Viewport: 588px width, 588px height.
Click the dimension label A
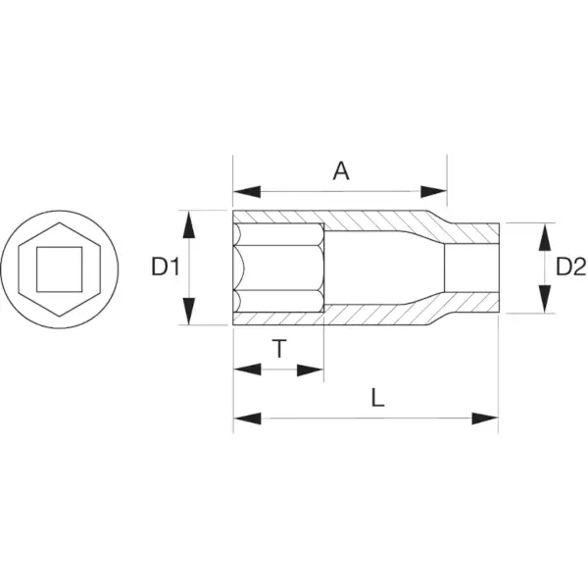coord(341,171)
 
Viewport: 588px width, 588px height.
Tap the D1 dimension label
coord(166,267)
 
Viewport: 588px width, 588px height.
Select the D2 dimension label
coord(570,267)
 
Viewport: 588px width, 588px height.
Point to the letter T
coord(279,348)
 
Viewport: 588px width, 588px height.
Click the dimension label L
coord(377,398)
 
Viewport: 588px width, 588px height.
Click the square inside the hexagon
coord(59,269)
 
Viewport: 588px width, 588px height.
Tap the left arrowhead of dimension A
coord(247,192)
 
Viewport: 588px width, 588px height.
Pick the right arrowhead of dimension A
coord(433,192)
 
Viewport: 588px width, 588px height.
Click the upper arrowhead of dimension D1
coord(189,224)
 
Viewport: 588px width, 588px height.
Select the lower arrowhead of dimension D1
coord(189,311)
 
